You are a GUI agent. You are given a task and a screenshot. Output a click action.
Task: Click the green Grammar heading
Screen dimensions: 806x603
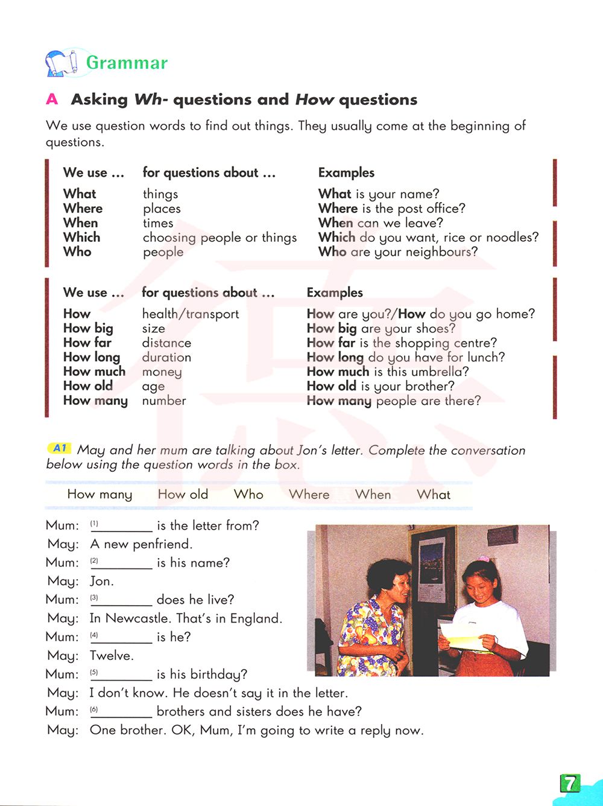click(127, 63)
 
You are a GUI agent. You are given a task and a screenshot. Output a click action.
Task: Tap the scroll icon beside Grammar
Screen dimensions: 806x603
click(62, 63)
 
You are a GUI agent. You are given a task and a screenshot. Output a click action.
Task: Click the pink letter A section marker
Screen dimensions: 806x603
click(52, 100)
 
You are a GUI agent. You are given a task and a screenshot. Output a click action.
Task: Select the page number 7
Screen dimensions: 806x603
click(569, 783)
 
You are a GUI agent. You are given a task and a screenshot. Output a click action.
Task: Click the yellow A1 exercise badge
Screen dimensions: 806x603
click(60, 448)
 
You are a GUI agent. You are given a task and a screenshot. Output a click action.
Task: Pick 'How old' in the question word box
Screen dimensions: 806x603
click(183, 495)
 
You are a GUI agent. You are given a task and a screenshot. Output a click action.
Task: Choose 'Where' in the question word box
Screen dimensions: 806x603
click(309, 495)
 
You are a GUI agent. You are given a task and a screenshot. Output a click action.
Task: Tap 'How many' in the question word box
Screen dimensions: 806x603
click(99, 495)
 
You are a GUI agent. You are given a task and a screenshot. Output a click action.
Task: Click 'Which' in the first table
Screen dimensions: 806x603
click(82, 238)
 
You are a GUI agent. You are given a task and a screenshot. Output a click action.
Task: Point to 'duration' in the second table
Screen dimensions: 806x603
click(166, 357)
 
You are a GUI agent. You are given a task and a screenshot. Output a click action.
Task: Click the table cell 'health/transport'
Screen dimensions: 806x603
click(191, 314)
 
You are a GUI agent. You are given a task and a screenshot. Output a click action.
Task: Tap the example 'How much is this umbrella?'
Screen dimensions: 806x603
click(388, 372)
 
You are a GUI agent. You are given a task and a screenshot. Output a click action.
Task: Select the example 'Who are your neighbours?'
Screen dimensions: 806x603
click(398, 252)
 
